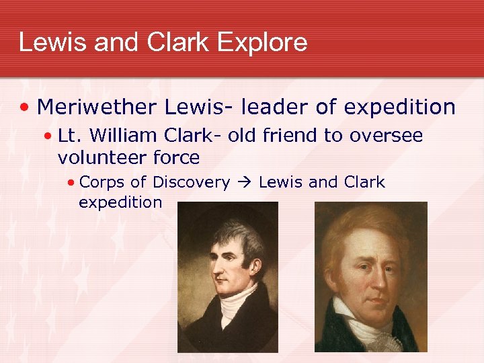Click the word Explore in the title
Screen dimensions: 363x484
coord(262,43)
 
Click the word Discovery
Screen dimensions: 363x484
coord(192,182)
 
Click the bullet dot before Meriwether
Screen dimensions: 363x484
coord(25,108)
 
